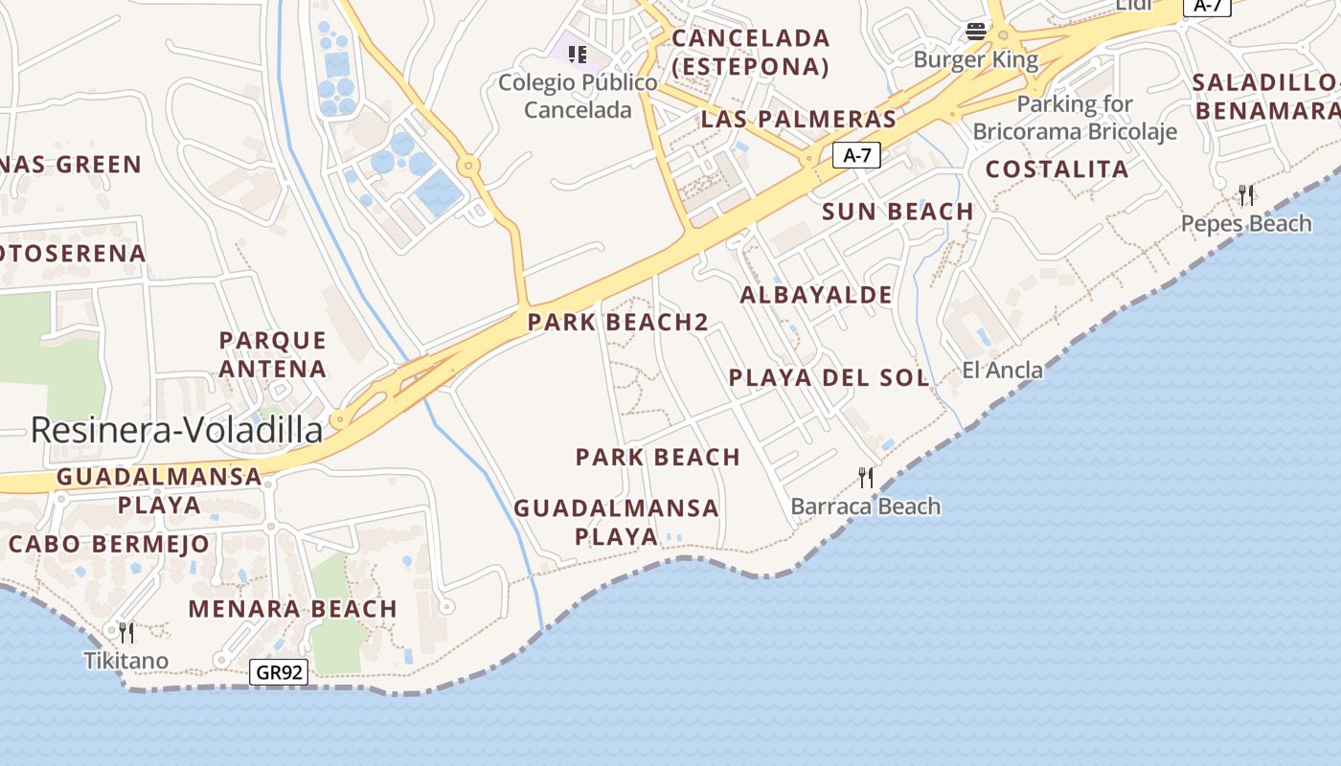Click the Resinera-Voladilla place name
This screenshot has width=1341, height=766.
pos(176,431)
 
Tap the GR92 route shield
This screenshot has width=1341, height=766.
pos(279,672)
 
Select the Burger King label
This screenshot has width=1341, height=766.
pos(975,59)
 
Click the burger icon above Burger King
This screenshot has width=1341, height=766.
pos(976,32)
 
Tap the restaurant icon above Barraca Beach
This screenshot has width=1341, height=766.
pos(866,477)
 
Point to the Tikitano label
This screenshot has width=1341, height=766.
pos(125,661)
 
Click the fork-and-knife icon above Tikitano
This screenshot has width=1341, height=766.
pos(125,632)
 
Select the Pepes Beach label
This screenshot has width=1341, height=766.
pos(1246,223)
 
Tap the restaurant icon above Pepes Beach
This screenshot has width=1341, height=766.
pos(1246,195)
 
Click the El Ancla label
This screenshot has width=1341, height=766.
pos(1003,370)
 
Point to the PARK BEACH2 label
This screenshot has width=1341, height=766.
pos(618,323)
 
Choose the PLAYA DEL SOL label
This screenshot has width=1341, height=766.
pos(830,377)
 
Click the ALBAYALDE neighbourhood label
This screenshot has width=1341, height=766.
pos(816,295)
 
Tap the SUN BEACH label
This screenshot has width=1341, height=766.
pos(898,212)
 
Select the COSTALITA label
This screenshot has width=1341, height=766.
pos(1057,169)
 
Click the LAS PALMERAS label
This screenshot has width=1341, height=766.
pos(799,120)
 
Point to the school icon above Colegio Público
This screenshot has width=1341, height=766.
pos(577,54)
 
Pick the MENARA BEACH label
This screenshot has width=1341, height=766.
pos(292,609)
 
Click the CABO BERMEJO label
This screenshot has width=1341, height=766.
pos(109,544)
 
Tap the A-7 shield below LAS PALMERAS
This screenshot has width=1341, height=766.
pos(856,155)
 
